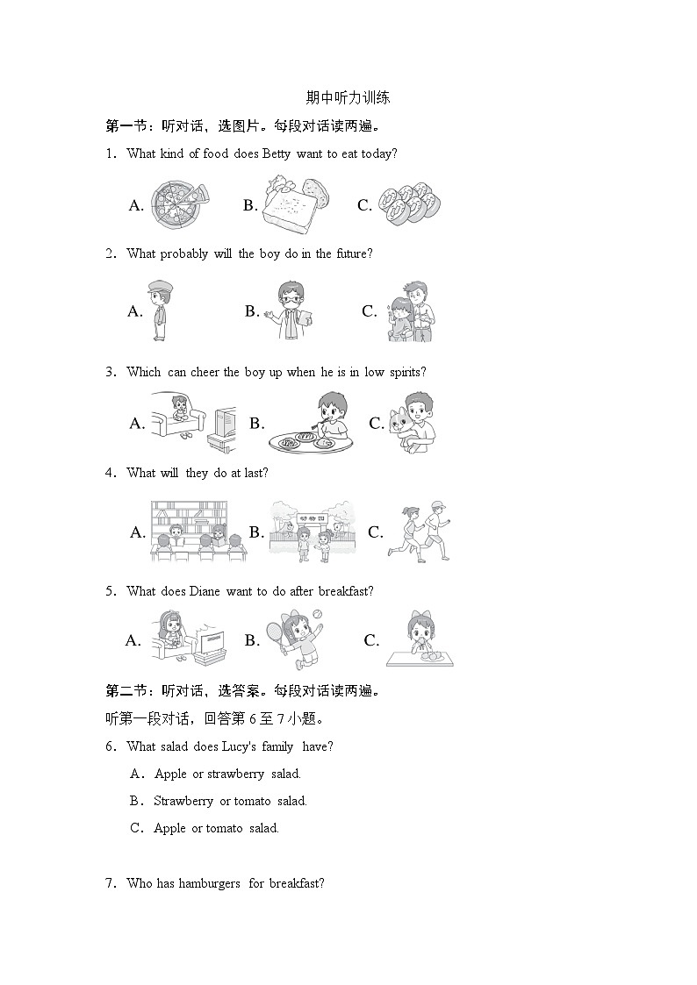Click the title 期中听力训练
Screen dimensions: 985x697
[x=348, y=98]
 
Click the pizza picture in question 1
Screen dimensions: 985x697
[x=178, y=204]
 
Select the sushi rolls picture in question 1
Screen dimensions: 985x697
[x=413, y=205]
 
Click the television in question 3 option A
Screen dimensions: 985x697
[x=220, y=425]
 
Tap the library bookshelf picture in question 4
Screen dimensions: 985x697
[x=188, y=531]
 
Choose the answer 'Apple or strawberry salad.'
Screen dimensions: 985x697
[x=227, y=774]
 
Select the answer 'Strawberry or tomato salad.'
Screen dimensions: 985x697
[x=230, y=801]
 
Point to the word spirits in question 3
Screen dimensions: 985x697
[x=406, y=372]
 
